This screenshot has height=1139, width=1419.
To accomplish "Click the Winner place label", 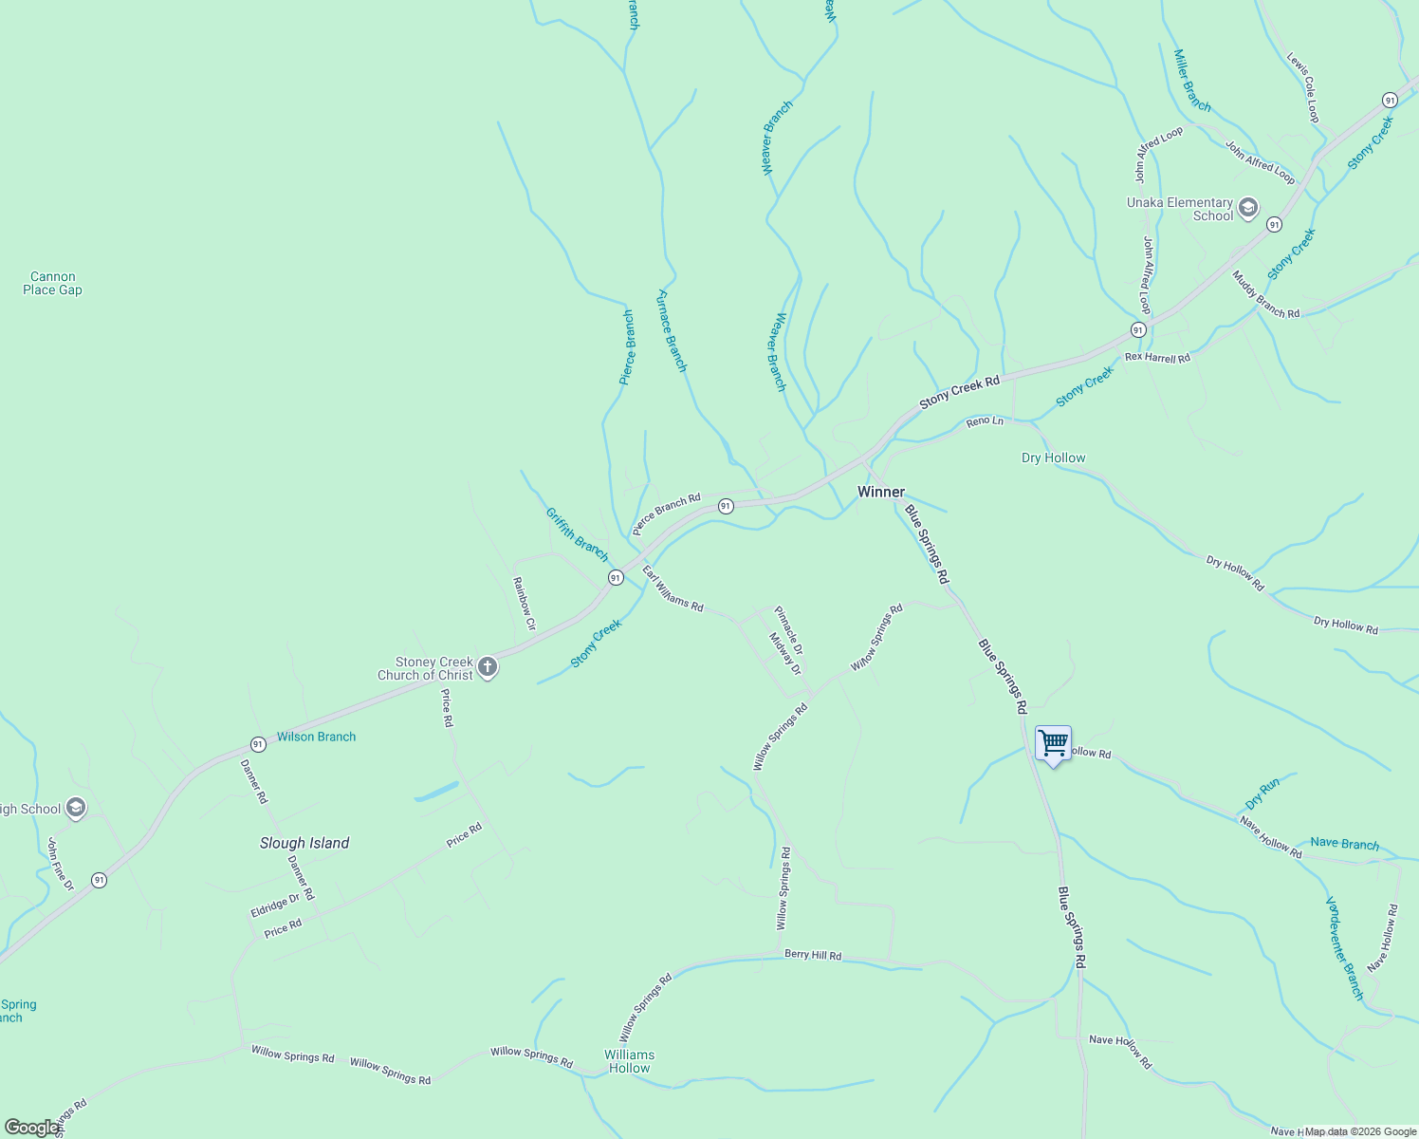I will pyautogui.click(x=881, y=492).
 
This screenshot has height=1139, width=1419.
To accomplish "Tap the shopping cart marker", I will pyautogui.click(x=1053, y=743).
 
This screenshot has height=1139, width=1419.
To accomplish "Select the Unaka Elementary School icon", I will pyautogui.click(x=1247, y=208).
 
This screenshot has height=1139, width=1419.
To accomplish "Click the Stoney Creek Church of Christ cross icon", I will pyautogui.click(x=488, y=667).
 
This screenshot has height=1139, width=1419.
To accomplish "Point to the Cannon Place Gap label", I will pyautogui.click(x=52, y=284).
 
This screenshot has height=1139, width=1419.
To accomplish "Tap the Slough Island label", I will pyautogui.click(x=304, y=843).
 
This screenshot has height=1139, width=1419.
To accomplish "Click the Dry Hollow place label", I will pyautogui.click(x=1053, y=457).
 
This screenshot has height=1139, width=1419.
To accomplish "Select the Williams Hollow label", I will pyautogui.click(x=630, y=1061).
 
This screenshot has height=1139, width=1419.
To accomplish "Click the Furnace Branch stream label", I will pyautogui.click(x=672, y=330).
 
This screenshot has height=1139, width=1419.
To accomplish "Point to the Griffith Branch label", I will pyautogui.click(x=577, y=533).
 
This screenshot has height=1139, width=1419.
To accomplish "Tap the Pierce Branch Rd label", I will pyautogui.click(x=666, y=513).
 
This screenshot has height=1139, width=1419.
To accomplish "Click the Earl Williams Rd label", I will pyautogui.click(x=673, y=588).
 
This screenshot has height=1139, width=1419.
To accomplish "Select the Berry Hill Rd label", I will pyautogui.click(x=813, y=955).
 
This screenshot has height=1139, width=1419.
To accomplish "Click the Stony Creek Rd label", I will pyautogui.click(x=959, y=393).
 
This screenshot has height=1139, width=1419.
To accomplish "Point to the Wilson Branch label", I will pyautogui.click(x=316, y=737).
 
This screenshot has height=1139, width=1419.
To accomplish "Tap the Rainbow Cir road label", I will pyautogui.click(x=525, y=604).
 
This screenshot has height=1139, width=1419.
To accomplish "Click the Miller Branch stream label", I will pyautogui.click(x=1192, y=81).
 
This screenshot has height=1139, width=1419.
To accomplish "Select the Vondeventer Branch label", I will pyautogui.click(x=1345, y=947).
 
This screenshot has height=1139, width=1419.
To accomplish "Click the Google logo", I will pyautogui.click(x=31, y=1128).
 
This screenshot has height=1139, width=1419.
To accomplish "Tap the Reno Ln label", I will pyautogui.click(x=985, y=420).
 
